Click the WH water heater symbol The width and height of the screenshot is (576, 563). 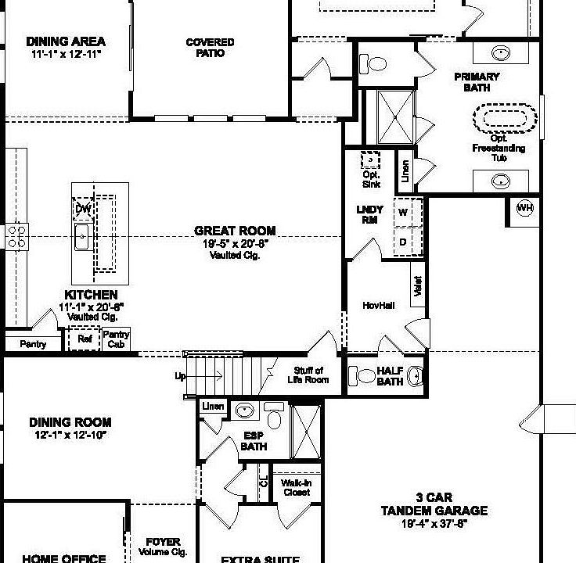coord(525,208)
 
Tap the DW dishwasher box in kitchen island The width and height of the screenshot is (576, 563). coord(81,209)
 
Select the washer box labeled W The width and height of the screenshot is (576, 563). coord(404,212)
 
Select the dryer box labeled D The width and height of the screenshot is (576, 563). coord(404,242)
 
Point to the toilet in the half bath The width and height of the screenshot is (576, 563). coord(365,376)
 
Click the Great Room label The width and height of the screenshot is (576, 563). coord(235,231)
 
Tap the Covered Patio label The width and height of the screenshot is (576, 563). coord(210,48)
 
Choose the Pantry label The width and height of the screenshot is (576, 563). coord(32,344)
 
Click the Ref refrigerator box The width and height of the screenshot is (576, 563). coord(85,339)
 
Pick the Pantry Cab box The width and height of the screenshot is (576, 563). coord(116,339)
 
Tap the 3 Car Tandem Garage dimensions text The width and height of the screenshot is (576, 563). coord(434,524)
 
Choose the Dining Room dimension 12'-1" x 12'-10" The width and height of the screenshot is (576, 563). coord(70,435)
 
